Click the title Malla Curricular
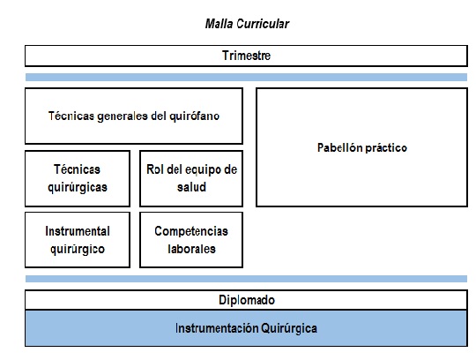pyautogui.click(x=247, y=24)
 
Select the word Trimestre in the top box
pyautogui.click(x=246, y=56)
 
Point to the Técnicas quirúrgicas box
pyautogui.click(x=78, y=178)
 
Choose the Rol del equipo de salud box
pyautogui.click(x=191, y=178)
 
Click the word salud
pyautogui.click(x=191, y=187)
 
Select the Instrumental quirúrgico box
pyautogui.click(x=78, y=240)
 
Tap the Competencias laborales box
pyautogui.click(x=191, y=240)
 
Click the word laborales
pyautogui.click(x=191, y=249)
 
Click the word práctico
pyautogui.click(x=386, y=148)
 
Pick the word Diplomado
pyautogui.click(x=247, y=300)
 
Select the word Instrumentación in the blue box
pyautogui.click(x=217, y=328)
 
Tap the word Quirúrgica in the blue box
pyautogui.click(x=289, y=329)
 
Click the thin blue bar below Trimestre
pyautogui.click(x=246, y=77)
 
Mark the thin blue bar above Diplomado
pyautogui.click(x=246, y=279)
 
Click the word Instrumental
pyautogui.click(x=78, y=231)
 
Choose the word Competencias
pyautogui.click(x=191, y=231)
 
